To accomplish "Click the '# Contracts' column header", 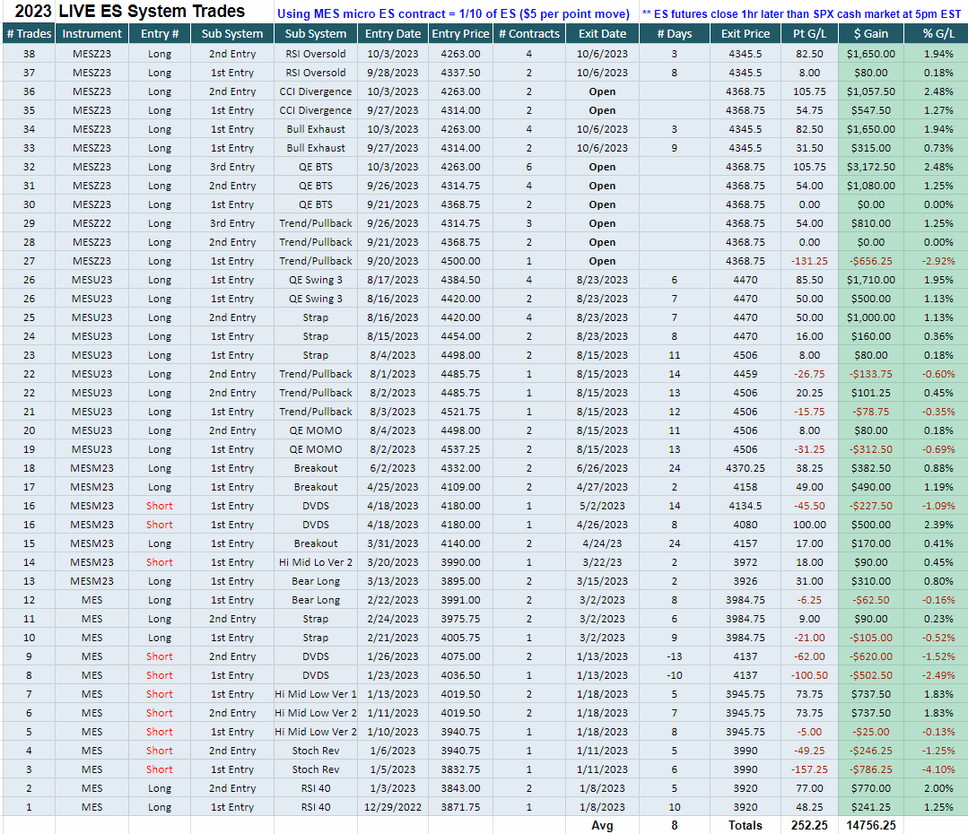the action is click(x=528, y=34).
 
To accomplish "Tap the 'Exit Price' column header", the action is click(x=746, y=34).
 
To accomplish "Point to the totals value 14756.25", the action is click(x=870, y=825).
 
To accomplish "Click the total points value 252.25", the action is click(x=809, y=825).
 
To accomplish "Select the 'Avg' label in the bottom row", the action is click(x=602, y=825).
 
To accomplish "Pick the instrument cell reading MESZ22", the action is click(x=92, y=223).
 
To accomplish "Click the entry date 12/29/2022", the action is click(x=393, y=807).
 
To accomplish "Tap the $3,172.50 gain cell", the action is click(x=870, y=167).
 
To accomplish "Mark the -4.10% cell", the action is click(x=938, y=769).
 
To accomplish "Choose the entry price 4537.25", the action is click(x=460, y=449).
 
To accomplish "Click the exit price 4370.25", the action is click(x=746, y=468).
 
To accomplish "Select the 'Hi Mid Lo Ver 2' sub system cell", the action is click(x=316, y=562).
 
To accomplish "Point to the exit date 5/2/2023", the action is click(x=602, y=506).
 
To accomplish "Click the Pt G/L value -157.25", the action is click(x=809, y=769).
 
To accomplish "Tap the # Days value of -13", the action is click(x=674, y=656).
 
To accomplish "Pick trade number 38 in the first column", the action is click(x=29, y=54).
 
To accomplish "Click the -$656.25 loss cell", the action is click(x=870, y=261).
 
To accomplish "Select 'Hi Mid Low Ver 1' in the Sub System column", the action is click(x=316, y=694).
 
